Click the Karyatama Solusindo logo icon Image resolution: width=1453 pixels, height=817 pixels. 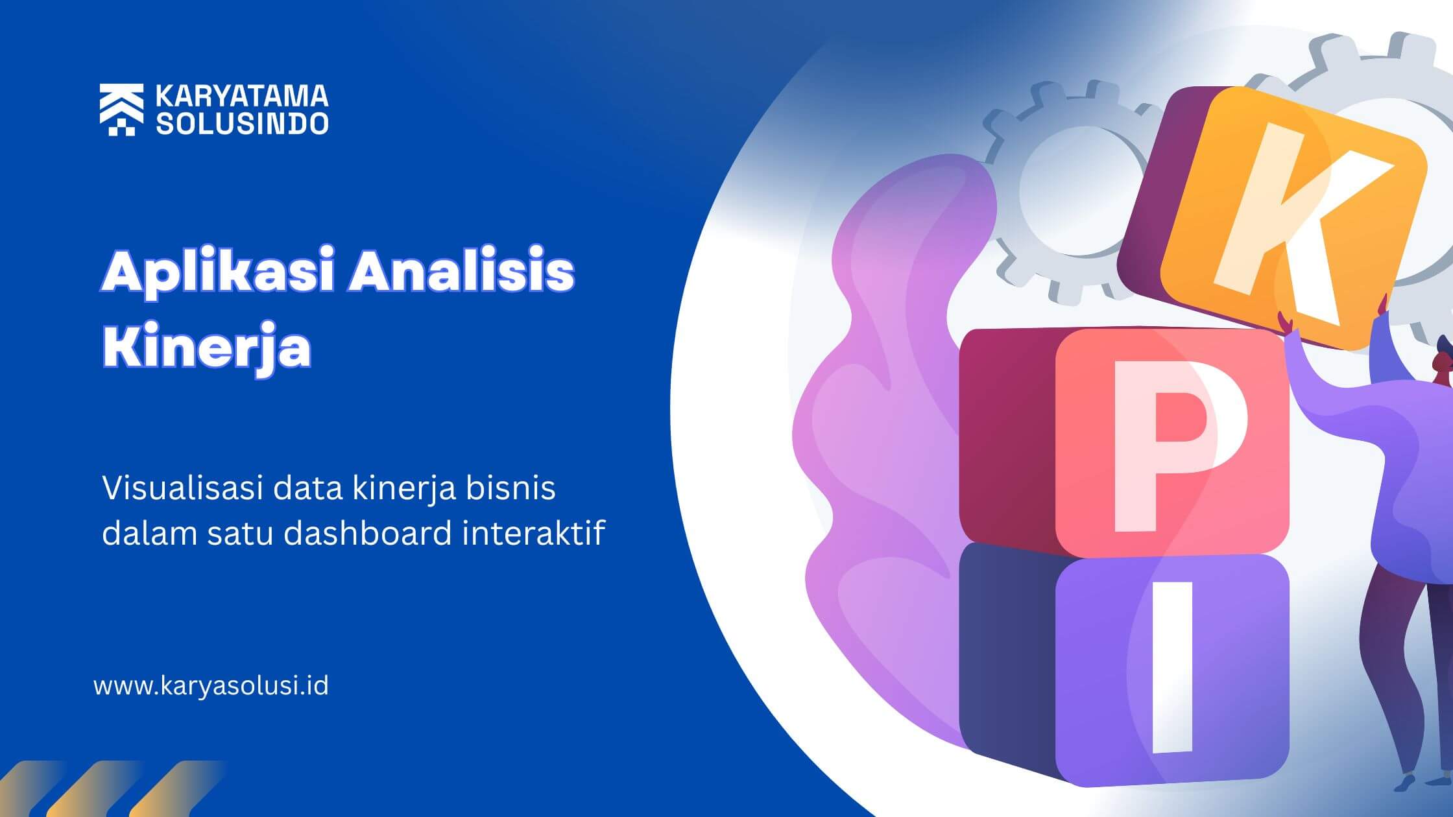[x=121, y=110]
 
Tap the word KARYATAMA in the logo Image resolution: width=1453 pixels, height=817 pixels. [x=242, y=96]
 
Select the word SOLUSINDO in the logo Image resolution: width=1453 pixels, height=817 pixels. [x=242, y=123]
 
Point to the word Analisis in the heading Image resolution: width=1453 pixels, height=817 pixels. [x=461, y=272]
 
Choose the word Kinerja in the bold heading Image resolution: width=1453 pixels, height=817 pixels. [x=207, y=349]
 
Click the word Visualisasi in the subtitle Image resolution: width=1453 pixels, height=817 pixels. [x=182, y=488]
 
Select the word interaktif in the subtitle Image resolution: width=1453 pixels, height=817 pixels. [x=534, y=533]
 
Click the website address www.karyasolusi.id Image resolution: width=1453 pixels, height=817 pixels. [x=211, y=686]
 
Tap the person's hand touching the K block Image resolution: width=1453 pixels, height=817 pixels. [x=1288, y=324]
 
